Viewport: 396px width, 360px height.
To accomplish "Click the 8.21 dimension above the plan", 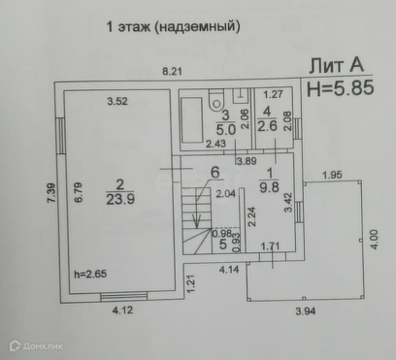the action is tap(172, 71).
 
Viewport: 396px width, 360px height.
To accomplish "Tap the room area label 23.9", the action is tap(120, 199).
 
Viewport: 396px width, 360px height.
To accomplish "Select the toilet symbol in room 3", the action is tap(216, 100).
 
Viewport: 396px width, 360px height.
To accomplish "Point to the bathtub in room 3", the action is tap(192, 119).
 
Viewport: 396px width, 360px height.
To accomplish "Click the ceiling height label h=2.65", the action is tap(90, 274).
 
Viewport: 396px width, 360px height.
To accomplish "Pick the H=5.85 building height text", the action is tap(341, 88).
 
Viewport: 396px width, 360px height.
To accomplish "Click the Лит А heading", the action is tap(337, 65).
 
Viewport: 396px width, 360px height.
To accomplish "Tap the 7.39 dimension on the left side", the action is tap(51, 193).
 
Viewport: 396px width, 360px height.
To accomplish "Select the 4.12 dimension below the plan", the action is tap(122, 311).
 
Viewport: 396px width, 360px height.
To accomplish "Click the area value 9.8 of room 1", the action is tap(269, 186).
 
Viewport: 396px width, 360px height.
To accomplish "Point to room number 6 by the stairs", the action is tap(215, 173).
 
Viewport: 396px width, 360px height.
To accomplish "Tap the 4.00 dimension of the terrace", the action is tap(374, 240).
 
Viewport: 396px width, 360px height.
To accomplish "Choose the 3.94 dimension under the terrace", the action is tap(306, 311).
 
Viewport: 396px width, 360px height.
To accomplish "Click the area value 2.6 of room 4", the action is tap(267, 125).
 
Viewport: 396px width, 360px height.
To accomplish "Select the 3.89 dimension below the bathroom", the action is tap(247, 161).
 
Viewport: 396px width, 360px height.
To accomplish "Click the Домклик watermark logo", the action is tap(36, 346).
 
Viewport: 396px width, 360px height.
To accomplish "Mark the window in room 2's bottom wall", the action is tap(124, 297).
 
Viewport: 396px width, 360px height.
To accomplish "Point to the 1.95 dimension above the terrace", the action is tap(332, 175).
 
